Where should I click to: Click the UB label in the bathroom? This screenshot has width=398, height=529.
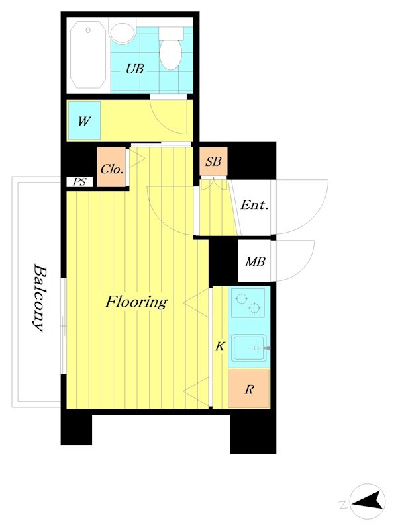[x=135, y=69]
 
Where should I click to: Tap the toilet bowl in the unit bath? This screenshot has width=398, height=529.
[x=171, y=55]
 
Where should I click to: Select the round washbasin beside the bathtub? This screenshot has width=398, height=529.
[x=122, y=32]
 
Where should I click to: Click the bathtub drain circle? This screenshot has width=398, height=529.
[x=88, y=30]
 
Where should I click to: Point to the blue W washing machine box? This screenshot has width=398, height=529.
[x=84, y=120]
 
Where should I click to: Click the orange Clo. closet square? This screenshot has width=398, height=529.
[x=111, y=167]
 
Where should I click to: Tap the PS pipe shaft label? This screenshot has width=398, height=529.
[x=79, y=182]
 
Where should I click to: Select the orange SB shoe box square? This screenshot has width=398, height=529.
[x=213, y=161]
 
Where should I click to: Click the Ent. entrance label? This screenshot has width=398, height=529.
[x=254, y=205]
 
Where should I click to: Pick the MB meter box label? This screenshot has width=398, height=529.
[x=255, y=261]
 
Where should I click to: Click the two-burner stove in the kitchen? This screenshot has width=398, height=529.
[x=248, y=303]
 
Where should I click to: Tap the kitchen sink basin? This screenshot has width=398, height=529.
[x=250, y=348]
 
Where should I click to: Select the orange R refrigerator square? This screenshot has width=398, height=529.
[x=249, y=389]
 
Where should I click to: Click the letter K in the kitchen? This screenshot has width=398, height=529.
[x=220, y=346]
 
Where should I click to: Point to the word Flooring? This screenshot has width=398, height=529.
[x=136, y=302]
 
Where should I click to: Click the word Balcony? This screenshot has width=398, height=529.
[x=39, y=299]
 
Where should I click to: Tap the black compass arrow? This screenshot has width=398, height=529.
[x=369, y=501]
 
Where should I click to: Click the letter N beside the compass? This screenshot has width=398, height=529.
[x=343, y=505]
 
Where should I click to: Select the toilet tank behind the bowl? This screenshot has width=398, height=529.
[x=171, y=34]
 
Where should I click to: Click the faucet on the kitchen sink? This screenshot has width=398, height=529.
[x=260, y=348]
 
